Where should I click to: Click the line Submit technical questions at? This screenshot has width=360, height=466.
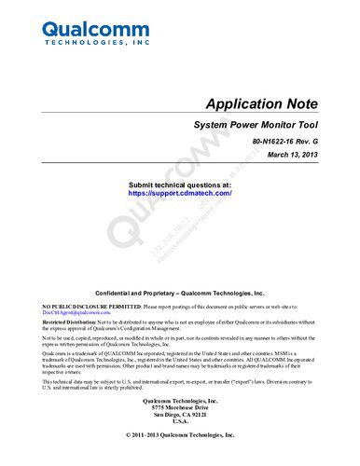click(x=179, y=185)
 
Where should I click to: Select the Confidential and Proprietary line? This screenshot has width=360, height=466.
click(x=180, y=293)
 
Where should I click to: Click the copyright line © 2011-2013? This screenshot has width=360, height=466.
click(x=180, y=434)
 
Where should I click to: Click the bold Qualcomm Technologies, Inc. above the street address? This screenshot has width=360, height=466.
click(x=180, y=400)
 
